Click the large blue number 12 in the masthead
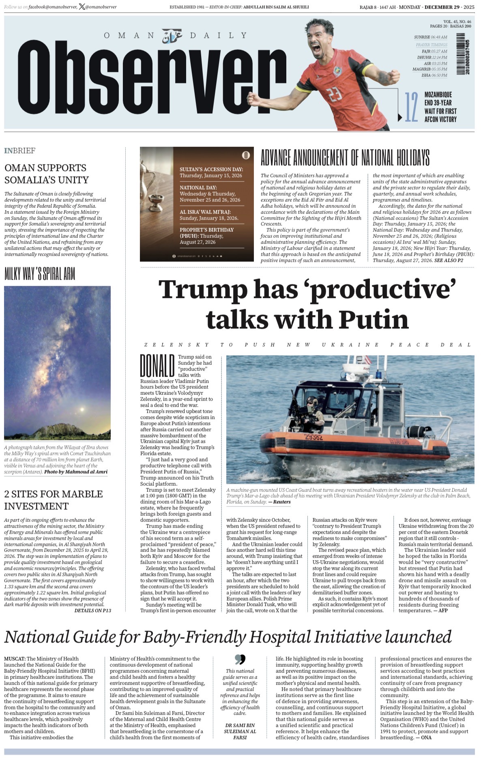point(411,107)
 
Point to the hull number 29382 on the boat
point(314,437)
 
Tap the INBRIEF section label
point(20,151)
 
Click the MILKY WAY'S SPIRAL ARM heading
point(40,274)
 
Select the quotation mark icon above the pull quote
point(240,659)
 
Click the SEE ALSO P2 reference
point(449,261)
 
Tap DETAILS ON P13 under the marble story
point(92,610)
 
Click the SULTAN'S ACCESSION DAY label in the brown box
point(211,169)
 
